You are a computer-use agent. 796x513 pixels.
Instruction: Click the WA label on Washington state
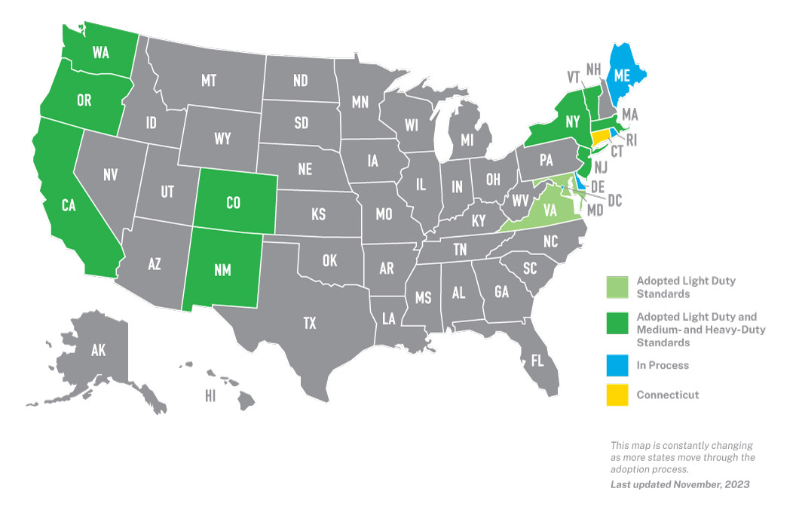(x=101, y=53)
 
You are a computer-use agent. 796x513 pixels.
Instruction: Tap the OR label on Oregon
(x=84, y=100)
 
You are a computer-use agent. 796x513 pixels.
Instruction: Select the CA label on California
(x=69, y=204)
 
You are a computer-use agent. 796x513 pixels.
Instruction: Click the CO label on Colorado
(x=233, y=202)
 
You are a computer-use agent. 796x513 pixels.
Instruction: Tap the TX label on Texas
(x=309, y=324)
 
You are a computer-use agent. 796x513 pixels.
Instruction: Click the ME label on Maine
(x=622, y=75)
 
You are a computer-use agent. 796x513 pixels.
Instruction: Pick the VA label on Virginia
(x=550, y=212)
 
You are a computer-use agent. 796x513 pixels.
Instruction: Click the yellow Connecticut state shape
(x=601, y=139)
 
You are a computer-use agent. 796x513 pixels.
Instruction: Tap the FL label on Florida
(x=537, y=361)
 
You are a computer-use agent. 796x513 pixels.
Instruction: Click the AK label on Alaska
(x=98, y=350)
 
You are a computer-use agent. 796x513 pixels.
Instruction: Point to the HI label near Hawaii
(x=210, y=395)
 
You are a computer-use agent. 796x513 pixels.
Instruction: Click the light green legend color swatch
(x=617, y=287)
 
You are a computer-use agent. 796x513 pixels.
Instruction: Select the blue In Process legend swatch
(x=617, y=365)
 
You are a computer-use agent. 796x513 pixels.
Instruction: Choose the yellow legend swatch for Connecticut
(x=617, y=395)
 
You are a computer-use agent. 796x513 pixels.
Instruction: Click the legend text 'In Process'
(x=663, y=365)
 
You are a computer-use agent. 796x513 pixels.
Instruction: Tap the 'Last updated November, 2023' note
(x=679, y=484)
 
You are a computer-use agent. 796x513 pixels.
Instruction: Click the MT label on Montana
(x=209, y=80)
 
